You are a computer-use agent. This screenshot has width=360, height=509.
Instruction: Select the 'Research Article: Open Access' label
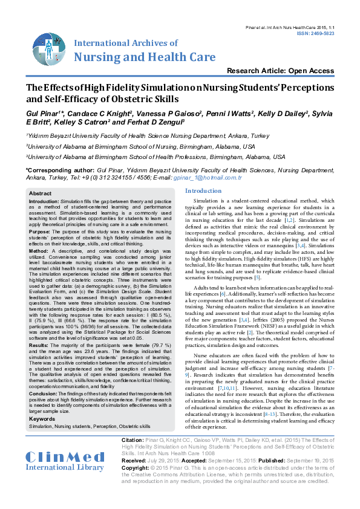(272, 71)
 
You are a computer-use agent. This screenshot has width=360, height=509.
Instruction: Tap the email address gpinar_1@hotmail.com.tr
(216, 178)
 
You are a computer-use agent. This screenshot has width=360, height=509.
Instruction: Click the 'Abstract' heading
(41, 193)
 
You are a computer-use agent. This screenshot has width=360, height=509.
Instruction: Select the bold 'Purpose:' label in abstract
(40, 231)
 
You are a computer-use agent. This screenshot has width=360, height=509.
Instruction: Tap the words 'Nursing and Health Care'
(145, 57)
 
